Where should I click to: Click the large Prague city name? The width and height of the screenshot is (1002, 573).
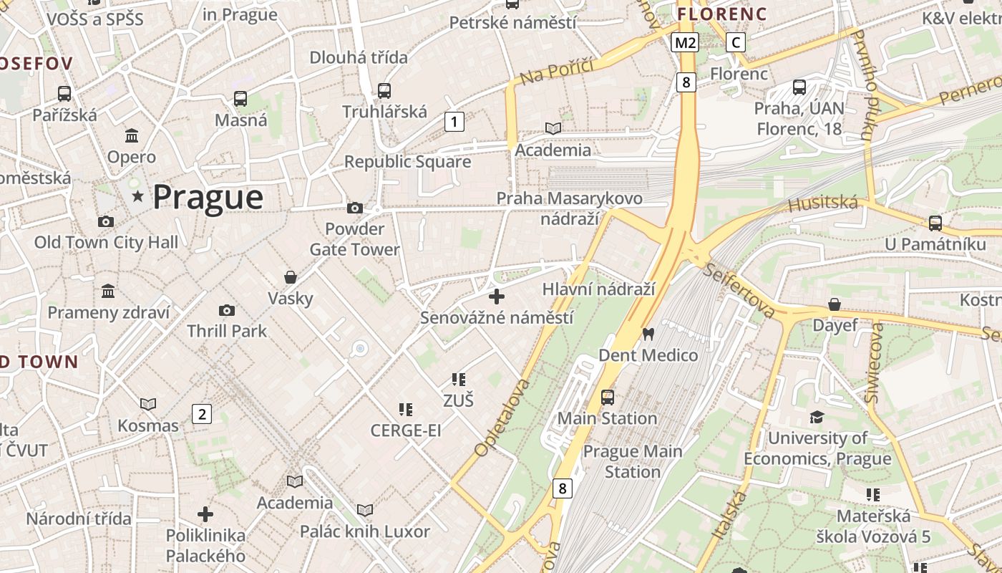pos(208,197)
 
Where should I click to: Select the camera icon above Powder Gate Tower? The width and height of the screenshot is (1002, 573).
pos(354,208)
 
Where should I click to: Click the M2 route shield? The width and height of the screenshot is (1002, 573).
pos(685,43)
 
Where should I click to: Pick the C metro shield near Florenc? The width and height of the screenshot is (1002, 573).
pos(735,42)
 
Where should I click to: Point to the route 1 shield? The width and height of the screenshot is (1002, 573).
pos(454,122)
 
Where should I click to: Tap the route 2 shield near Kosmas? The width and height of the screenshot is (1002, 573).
pos(202,413)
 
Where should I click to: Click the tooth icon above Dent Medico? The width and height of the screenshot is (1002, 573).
pos(648,334)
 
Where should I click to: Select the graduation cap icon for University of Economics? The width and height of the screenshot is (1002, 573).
pos(817,417)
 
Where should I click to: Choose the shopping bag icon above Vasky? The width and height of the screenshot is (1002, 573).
pos(291,276)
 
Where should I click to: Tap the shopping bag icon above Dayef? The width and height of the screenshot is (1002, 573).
pos(835,304)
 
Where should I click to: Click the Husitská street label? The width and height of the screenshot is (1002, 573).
pos(822,204)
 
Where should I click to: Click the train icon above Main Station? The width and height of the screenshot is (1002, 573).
pos(607,397)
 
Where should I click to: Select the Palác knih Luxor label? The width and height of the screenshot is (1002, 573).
pos(364,531)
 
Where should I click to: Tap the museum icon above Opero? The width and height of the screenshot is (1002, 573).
pos(132,135)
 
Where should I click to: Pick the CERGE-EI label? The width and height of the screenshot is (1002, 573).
pos(405,430)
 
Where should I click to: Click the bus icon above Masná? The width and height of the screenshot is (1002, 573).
pos(240,99)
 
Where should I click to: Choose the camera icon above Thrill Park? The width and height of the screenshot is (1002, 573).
pos(227,310)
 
